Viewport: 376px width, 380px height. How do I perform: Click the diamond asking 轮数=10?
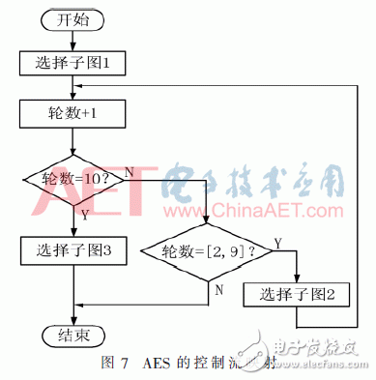click(x=73, y=179)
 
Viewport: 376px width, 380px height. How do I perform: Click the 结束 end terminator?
click(x=73, y=335)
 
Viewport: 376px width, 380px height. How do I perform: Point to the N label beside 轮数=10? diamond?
click(x=130, y=170)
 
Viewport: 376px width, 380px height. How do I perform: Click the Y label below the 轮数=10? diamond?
click(x=84, y=216)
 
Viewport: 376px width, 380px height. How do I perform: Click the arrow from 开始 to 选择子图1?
click(x=73, y=40)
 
